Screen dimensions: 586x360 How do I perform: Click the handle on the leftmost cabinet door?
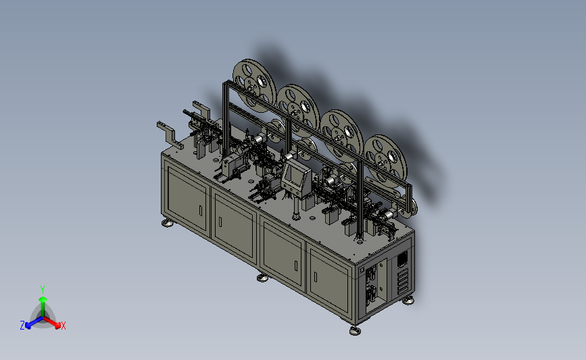click(x=201, y=211)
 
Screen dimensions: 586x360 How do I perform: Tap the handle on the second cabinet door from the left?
click(x=220, y=222)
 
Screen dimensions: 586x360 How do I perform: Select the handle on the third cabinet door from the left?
click(x=296, y=266)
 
